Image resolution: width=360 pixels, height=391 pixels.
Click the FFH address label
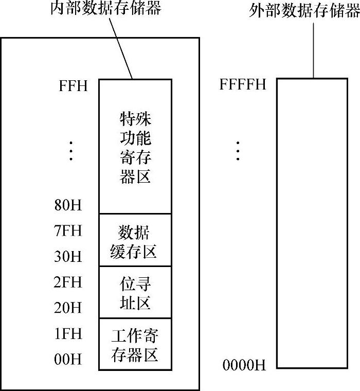click(73, 85)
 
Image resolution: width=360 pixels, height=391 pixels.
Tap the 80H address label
click(68, 206)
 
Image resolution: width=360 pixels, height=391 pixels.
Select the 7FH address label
click(68, 230)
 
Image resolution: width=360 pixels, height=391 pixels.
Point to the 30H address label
click(68, 256)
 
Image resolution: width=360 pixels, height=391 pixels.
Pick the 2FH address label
click(68, 282)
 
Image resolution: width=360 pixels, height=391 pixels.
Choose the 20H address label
click(68, 308)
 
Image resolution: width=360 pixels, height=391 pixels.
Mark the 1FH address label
click(68, 334)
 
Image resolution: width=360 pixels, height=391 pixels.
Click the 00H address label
click(68, 359)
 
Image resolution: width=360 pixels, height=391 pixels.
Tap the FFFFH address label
click(243, 84)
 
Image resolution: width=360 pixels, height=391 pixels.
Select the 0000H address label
click(244, 366)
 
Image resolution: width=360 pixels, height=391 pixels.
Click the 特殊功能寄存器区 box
click(135, 146)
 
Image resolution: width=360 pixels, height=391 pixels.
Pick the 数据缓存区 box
click(135, 240)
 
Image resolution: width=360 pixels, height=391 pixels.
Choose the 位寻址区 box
click(135, 292)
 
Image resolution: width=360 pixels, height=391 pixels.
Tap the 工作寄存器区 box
click(135, 344)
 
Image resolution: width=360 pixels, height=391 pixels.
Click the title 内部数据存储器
click(106, 9)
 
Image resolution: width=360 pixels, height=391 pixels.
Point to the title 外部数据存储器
click(304, 10)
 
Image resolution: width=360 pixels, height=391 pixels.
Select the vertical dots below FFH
click(71, 150)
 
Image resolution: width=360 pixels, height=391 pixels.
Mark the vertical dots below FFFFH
click(238, 150)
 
